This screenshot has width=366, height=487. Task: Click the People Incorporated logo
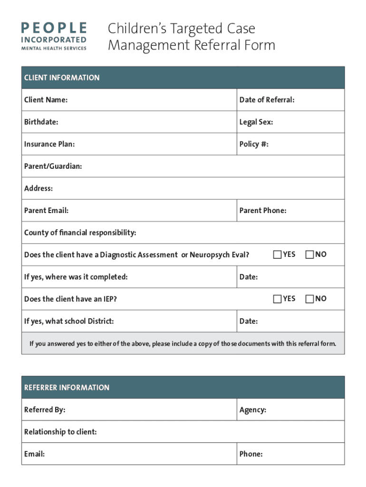(53, 36)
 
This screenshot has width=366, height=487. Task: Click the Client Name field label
(46, 100)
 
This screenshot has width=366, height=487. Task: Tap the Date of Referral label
(267, 100)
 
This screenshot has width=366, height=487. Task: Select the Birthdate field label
(41, 122)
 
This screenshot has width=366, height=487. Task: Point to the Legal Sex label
(256, 122)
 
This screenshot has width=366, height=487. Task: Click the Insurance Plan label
(49, 144)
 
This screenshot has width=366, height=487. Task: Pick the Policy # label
(254, 144)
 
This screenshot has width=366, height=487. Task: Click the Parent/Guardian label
(53, 166)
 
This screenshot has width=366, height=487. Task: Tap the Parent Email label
(46, 210)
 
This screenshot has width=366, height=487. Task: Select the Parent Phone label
(263, 210)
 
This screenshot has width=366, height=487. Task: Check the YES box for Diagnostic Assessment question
(277, 254)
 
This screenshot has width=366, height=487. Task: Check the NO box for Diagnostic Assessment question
(309, 254)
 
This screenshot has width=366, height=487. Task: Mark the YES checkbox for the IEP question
(277, 299)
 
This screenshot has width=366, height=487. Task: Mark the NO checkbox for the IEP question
(309, 299)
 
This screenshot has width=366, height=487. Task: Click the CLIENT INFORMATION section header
(62, 78)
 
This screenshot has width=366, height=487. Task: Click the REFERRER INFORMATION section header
(67, 388)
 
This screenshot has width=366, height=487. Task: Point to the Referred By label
(45, 409)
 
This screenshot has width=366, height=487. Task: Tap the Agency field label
(252, 410)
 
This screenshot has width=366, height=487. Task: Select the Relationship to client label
(60, 432)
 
